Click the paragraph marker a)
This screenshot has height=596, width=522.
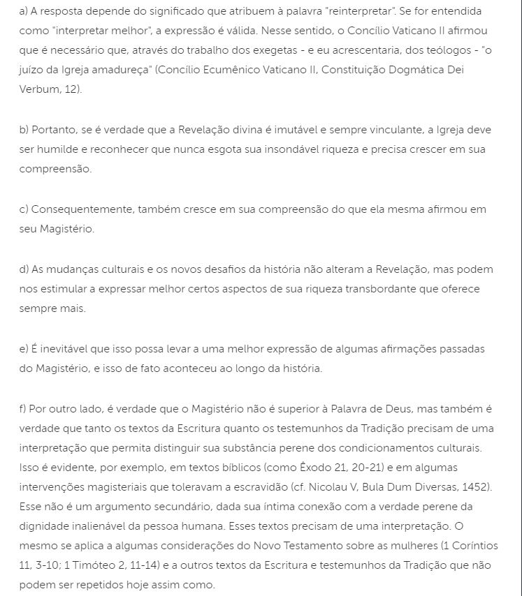click(x=24, y=12)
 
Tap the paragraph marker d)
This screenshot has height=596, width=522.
click(x=24, y=269)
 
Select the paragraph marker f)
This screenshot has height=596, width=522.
click(x=23, y=408)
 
